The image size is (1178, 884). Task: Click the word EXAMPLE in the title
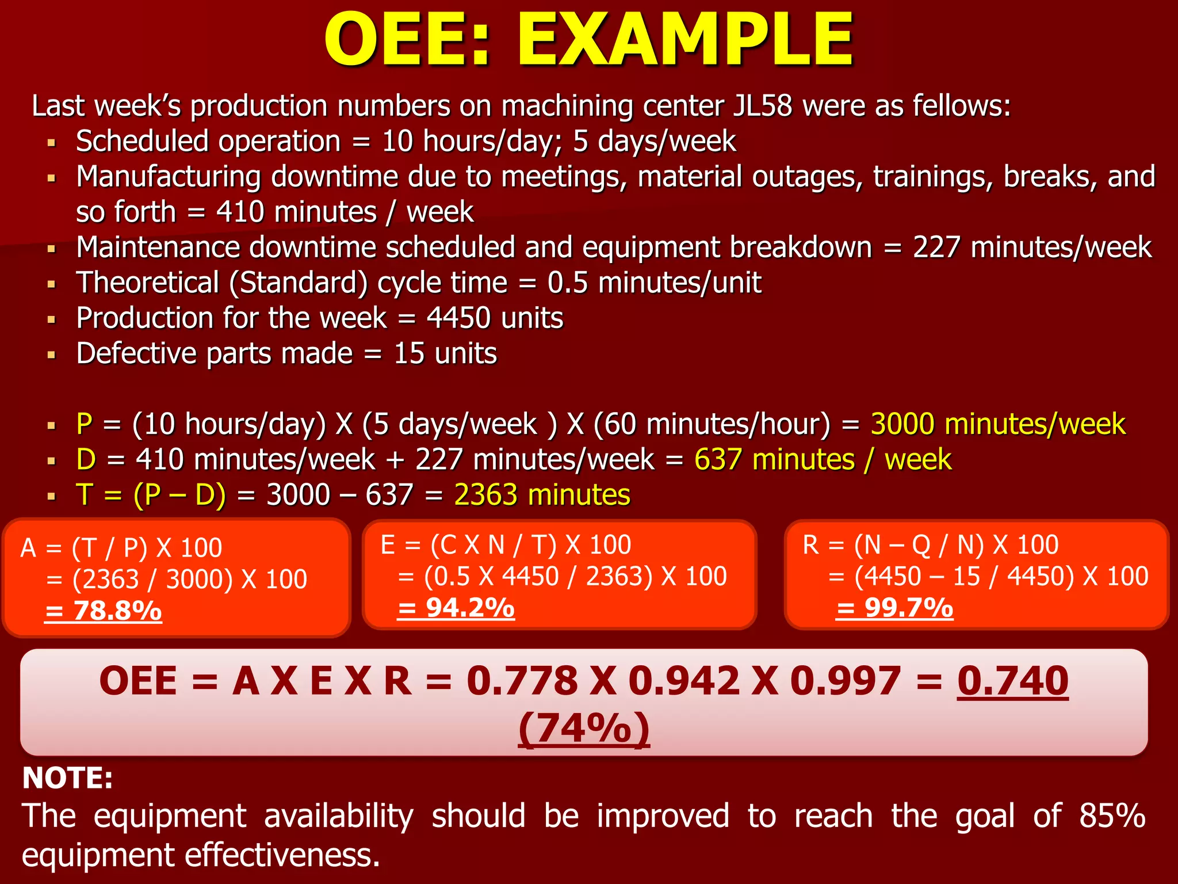[x=684, y=40]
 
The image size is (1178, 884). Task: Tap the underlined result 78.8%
[x=104, y=611]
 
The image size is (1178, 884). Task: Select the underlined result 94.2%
[x=456, y=608]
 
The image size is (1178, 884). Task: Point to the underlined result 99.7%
[x=894, y=608]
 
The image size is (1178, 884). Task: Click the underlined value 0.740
[x=1012, y=681]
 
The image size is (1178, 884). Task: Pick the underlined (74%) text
[x=584, y=729]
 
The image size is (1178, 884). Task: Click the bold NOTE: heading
[x=67, y=778]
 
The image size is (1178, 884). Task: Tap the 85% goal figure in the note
[x=1112, y=816]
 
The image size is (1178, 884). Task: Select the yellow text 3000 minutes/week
[x=997, y=424]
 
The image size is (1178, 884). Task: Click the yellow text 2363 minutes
[x=542, y=495]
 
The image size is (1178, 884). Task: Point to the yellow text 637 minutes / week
[x=823, y=460]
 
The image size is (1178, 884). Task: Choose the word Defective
[x=136, y=353]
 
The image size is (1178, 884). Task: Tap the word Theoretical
[x=148, y=283]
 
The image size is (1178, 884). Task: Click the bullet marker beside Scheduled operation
[x=52, y=142]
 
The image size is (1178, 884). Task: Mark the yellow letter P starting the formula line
[x=84, y=424]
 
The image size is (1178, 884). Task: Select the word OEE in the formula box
[x=138, y=681]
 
